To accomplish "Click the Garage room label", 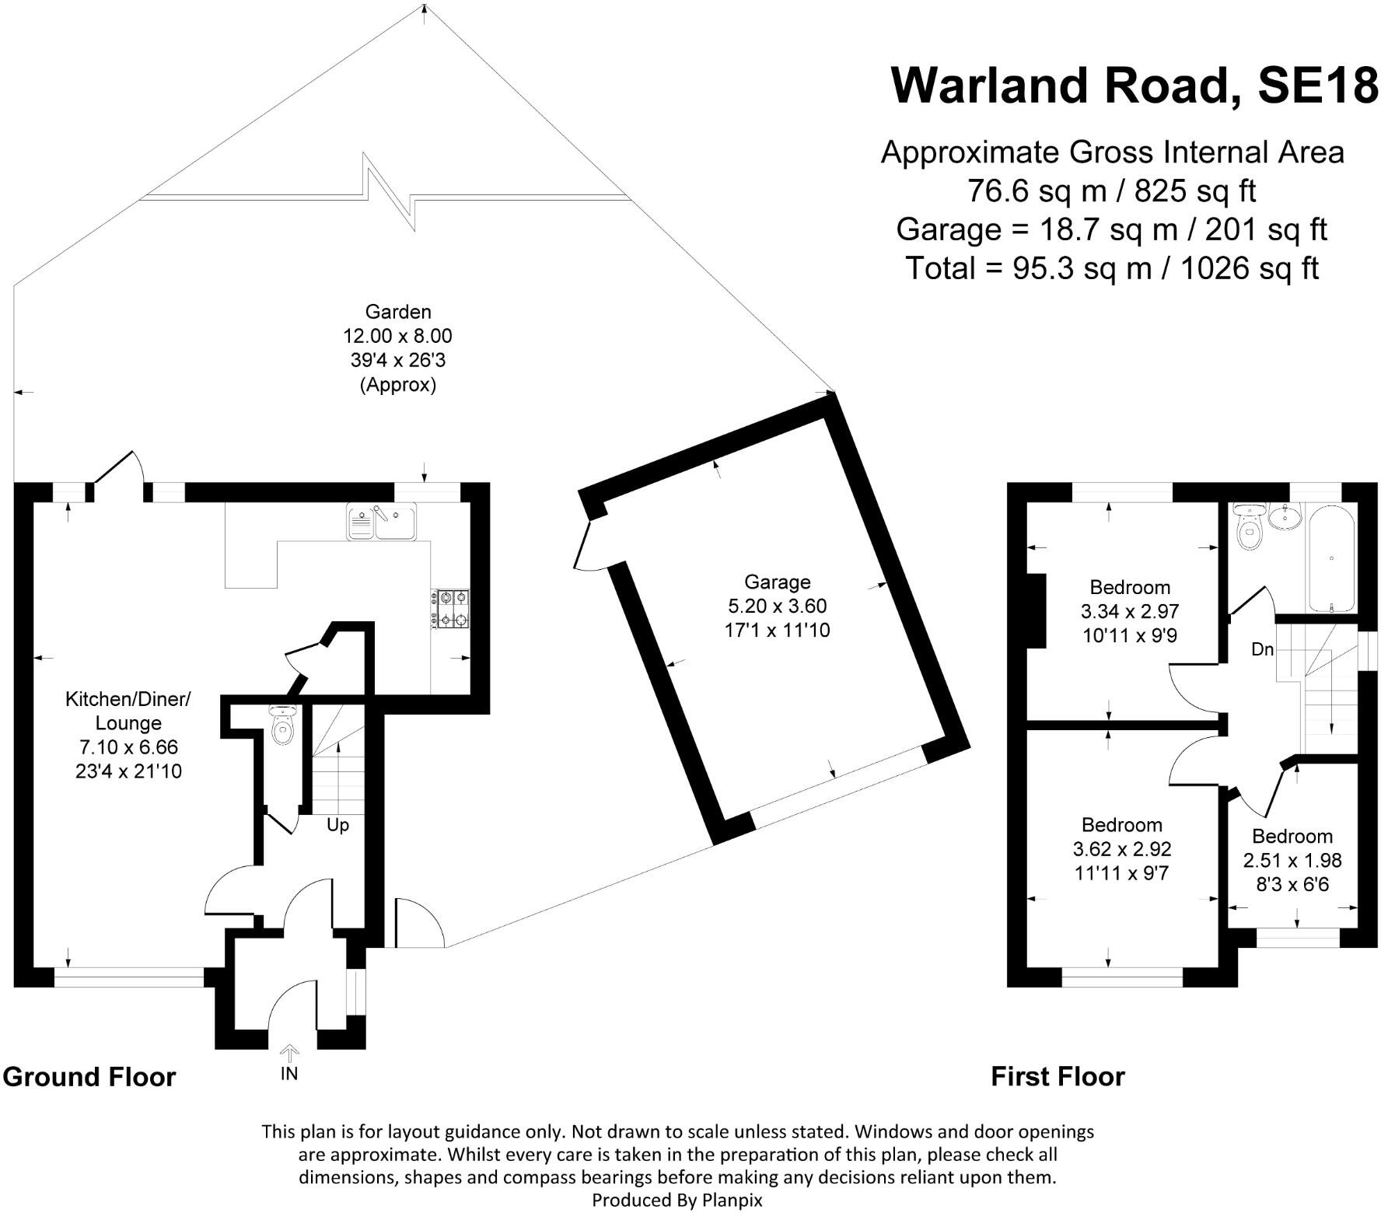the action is point(777,582).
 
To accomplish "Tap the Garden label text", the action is point(397,312).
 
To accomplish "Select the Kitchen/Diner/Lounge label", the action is point(128,711).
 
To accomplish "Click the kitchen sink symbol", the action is point(382,521).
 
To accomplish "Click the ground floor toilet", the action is point(281,724).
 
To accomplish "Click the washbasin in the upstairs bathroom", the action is point(1285,516).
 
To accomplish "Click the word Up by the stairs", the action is point(337,825).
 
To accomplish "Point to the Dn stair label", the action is point(1263,648).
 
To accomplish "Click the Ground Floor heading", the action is point(89,1077).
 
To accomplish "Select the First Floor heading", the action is point(1058,1077).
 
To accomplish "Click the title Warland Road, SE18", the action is point(1134,85).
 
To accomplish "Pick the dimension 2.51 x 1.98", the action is point(1292,861).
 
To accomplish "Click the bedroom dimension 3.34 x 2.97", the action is point(1130,611).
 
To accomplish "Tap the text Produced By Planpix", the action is point(677,1200).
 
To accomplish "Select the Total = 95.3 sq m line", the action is point(1112,268).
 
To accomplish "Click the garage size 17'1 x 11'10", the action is point(777,630).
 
